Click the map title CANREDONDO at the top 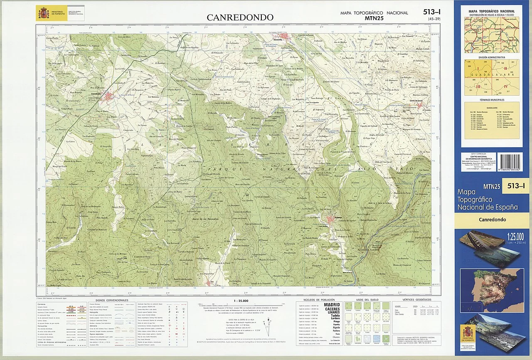[240, 17]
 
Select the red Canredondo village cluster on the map [109, 97]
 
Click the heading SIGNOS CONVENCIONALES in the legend [112, 300]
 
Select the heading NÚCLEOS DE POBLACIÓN [318, 300]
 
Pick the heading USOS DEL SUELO [365, 300]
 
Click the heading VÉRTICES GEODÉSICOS [414, 300]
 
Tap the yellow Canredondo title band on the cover [492, 219]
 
